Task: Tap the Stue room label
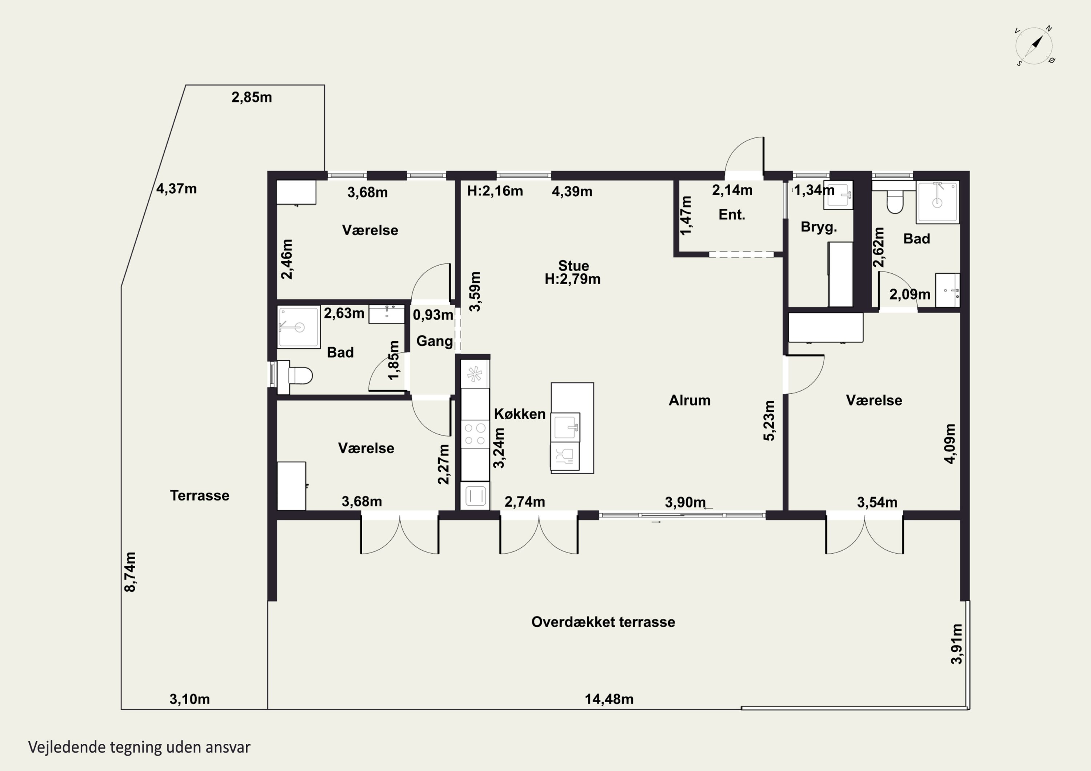(x=574, y=266)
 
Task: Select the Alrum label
(x=690, y=401)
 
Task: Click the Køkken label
(x=520, y=414)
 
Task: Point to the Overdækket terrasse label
(x=603, y=622)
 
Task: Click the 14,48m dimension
(x=609, y=699)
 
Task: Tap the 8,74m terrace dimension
(x=130, y=572)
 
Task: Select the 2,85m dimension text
(x=252, y=97)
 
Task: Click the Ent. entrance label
(x=732, y=215)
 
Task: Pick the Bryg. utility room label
(x=819, y=227)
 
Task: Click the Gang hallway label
(x=434, y=341)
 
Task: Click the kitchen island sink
(x=566, y=427)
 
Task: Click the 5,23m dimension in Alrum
(x=769, y=421)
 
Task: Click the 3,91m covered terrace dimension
(x=956, y=644)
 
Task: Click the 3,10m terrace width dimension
(x=189, y=699)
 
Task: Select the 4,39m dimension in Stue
(x=572, y=192)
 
